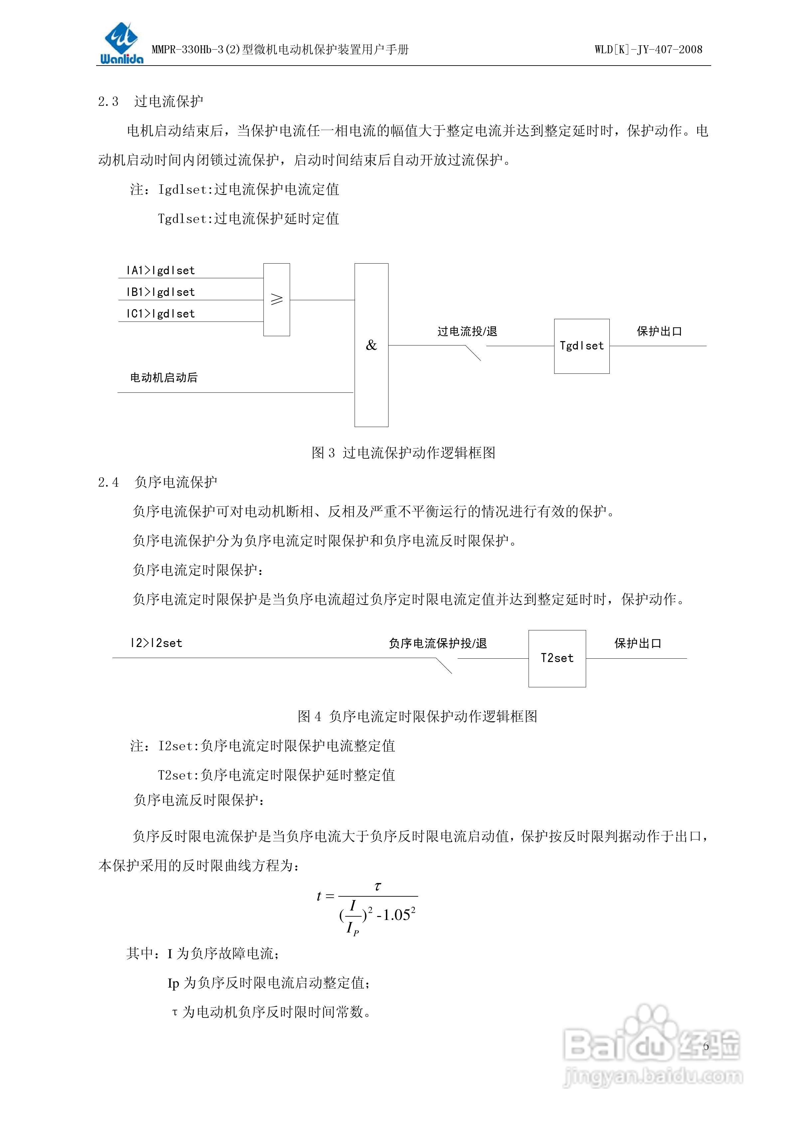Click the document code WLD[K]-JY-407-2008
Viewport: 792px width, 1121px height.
[648, 49]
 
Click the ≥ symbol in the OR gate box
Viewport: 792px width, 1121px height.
[277, 299]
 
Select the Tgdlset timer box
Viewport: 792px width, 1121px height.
[582, 346]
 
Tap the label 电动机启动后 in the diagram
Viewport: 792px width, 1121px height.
[163, 377]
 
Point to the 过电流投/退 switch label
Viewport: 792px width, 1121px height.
[467, 332]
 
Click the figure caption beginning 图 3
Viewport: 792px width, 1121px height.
[403, 453]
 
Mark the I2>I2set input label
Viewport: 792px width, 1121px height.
[156, 643]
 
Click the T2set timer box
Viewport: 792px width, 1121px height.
[557, 658]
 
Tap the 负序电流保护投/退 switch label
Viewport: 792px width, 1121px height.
[438, 643]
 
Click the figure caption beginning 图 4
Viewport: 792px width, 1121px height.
[417, 716]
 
